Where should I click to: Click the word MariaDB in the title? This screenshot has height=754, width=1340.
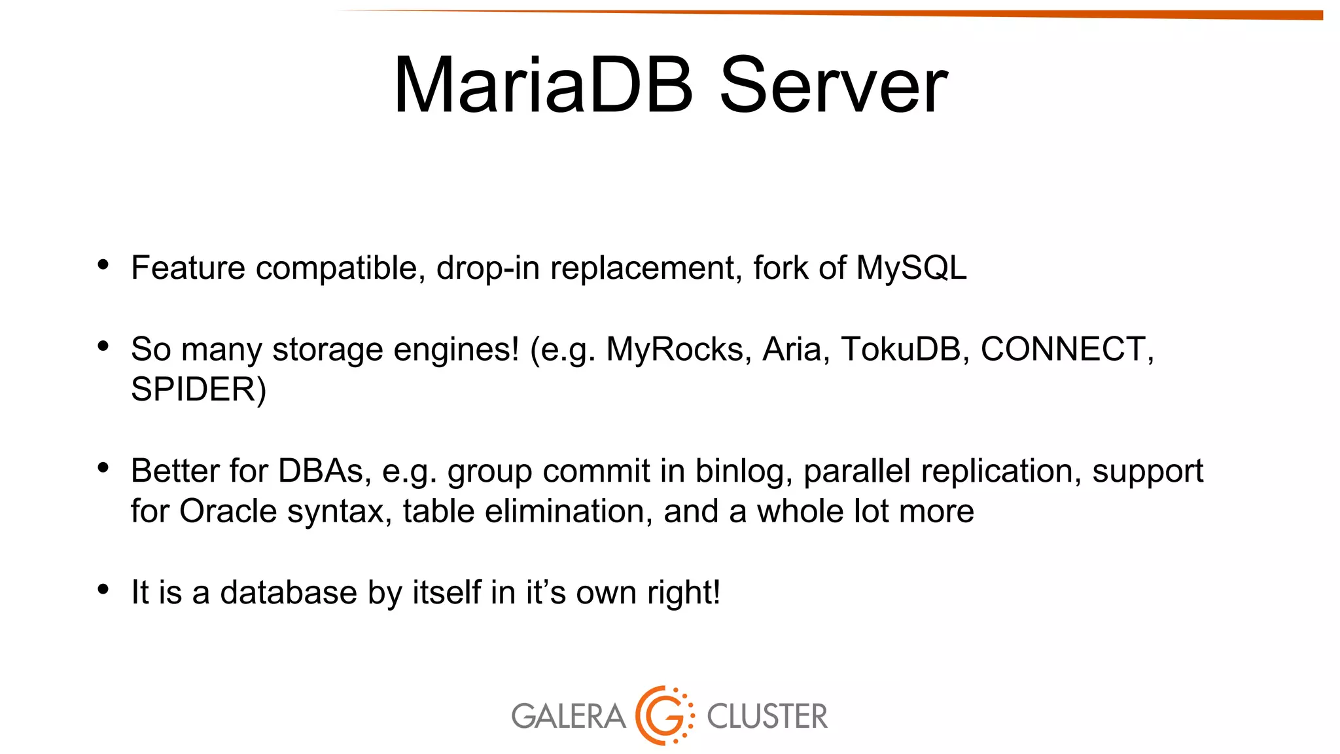tap(542, 86)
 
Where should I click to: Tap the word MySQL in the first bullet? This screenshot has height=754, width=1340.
tap(911, 268)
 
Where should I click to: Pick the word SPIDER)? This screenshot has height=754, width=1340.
tap(198, 389)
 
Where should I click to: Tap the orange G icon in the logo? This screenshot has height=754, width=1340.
tap(663, 715)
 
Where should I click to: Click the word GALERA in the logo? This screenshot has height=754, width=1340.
tap(568, 716)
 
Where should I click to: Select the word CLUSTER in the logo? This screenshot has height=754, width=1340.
tap(767, 716)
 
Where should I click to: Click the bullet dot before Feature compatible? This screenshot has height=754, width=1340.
tap(103, 265)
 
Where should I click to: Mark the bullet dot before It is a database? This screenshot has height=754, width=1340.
tap(103, 590)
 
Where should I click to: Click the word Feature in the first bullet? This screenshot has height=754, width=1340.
tap(188, 268)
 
